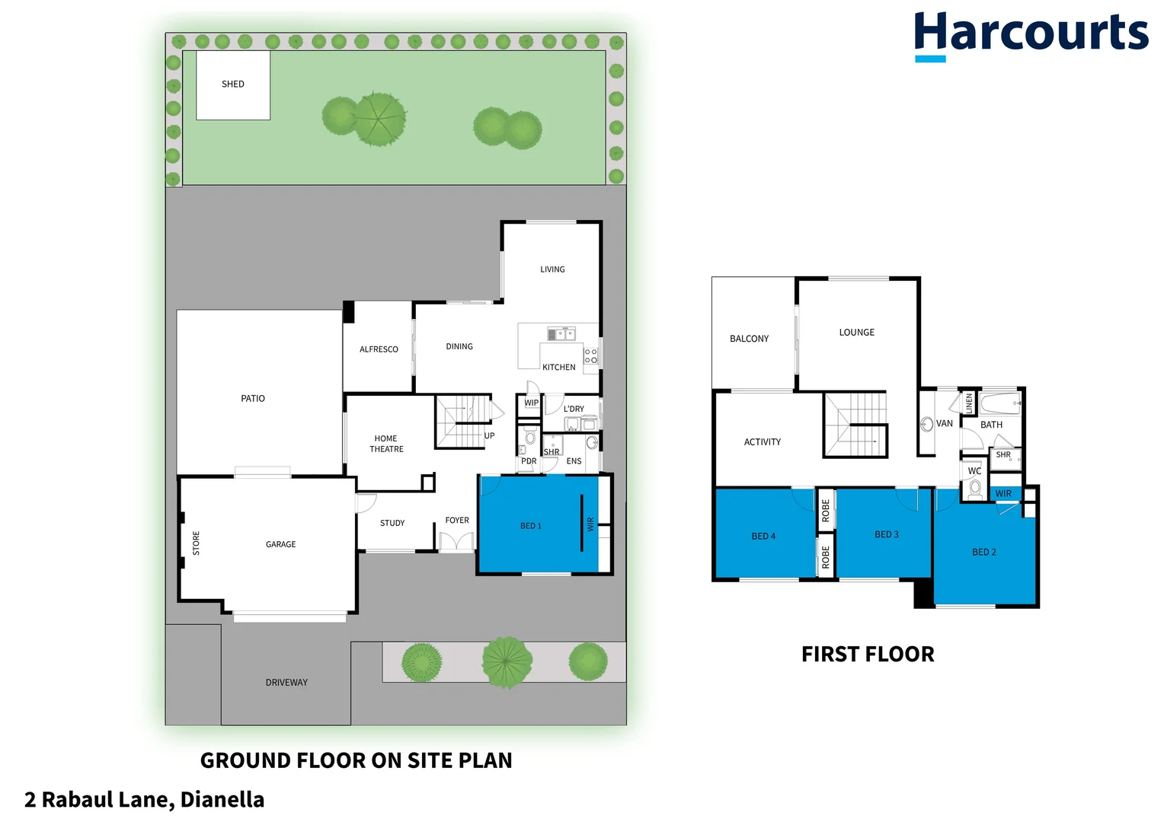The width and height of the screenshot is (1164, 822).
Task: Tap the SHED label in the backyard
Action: pyautogui.click(x=233, y=84)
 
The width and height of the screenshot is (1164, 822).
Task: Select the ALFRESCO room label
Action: pyautogui.click(x=379, y=349)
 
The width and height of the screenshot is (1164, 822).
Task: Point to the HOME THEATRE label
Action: pyautogui.click(x=386, y=444)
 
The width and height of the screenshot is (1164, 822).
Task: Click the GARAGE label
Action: pyautogui.click(x=280, y=544)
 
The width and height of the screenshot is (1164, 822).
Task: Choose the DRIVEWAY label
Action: pyautogui.click(x=286, y=683)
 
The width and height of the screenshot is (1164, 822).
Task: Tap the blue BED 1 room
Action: pyautogui.click(x=531, y=526)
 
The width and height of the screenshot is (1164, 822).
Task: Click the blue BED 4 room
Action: pyautogui.click(x=763, y=536)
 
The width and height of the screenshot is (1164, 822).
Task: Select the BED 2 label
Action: pyautogui.click(x=983, y=552)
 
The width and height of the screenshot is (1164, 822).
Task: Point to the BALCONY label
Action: pyautogui.click(x=749, y=339)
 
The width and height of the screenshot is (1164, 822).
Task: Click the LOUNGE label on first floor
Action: pyautogui.click(x=856, y=333)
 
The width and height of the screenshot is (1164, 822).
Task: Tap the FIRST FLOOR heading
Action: pyautogui.click(x=868, y=655)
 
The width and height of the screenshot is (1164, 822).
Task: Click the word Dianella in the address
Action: pyautogui.click(x=222, y=800)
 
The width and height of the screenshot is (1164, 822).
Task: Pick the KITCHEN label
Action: pyautogui.click(x=558, y=368)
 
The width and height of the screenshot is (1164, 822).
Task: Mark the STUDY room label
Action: pyautogui.click(x=392, y=523)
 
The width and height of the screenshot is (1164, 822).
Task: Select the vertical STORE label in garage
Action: pyautogui.click(x=196, y=543)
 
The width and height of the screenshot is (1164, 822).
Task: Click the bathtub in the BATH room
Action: pyautogui.click(x=999, y=403)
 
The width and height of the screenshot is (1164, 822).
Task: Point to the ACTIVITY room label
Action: pyautogui.click(x=762, y=442)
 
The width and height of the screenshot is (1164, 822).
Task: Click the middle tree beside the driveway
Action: pyautogui.click(x=507, y=661)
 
